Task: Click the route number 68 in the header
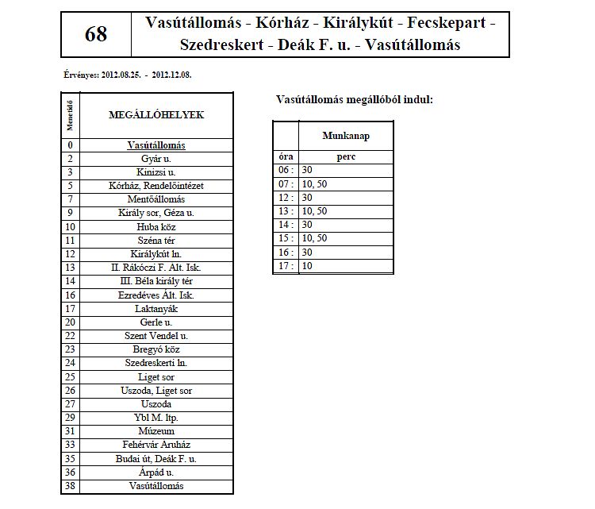pos(95,34)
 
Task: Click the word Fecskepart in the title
pos(448,23)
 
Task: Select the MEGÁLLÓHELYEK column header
pos(156,115)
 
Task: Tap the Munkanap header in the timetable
pos(346,136)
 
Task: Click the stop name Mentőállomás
pos(156,199)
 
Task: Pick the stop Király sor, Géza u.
pos(156,213)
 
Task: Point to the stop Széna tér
pos(156,240)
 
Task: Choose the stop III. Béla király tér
pos(156,281)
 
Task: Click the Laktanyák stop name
pos(156,308)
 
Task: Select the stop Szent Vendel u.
pos(156,336)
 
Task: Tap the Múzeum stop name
pos(156,431)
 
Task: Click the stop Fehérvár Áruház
pos(156,445)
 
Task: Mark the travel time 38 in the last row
pos(71,486)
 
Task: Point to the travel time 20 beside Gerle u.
pos(71,322)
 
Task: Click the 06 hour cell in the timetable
pos(285,171)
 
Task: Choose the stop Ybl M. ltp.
pos(156,418)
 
